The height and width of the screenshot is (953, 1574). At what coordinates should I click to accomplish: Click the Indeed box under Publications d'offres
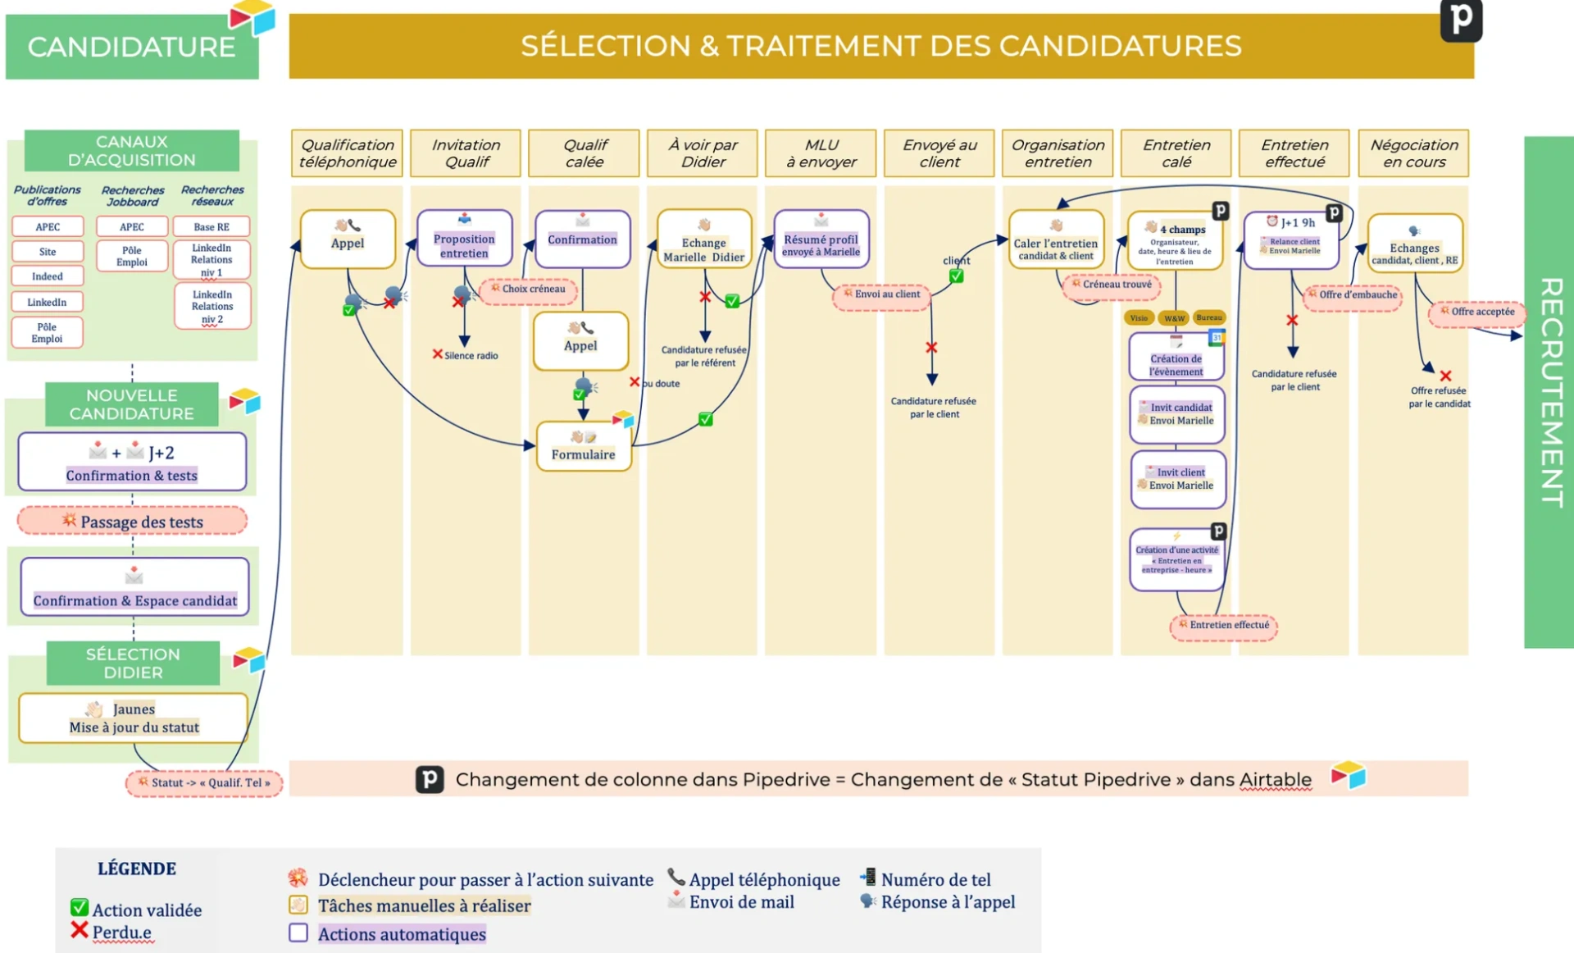pos(48,276)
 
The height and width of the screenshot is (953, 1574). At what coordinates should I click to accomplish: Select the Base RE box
pos(212,226)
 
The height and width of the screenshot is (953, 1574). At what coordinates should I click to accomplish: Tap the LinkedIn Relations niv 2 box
pos(212,306)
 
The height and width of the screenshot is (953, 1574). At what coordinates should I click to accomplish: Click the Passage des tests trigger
pos(133,522)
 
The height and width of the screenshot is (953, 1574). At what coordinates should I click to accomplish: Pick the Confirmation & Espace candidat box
pos(135,588)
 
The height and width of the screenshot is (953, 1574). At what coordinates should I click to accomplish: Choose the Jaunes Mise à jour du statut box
pos(134,718)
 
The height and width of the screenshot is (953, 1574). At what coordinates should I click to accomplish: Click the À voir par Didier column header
pos(703,153)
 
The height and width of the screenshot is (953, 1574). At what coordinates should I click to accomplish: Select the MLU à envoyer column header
pos(821,153)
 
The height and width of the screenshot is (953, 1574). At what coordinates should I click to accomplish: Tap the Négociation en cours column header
pos(1413,153)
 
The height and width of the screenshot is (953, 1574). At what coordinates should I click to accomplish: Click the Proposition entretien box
pos(464,239)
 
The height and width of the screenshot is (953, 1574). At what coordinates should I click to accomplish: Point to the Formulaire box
pos(583,446)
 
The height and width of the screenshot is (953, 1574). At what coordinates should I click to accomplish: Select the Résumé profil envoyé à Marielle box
pos(821,239)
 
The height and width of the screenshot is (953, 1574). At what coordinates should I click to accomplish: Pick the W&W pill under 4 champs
pos(1174,318)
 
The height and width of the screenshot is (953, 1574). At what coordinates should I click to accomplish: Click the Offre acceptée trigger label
pos(1477,312)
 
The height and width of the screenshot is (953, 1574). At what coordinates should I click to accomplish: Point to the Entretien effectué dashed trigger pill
pos(1223,626)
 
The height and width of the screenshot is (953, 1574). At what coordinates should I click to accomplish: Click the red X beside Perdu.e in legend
pos(80,930)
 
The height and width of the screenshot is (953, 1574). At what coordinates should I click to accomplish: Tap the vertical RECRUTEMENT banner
pos(1549,392)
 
